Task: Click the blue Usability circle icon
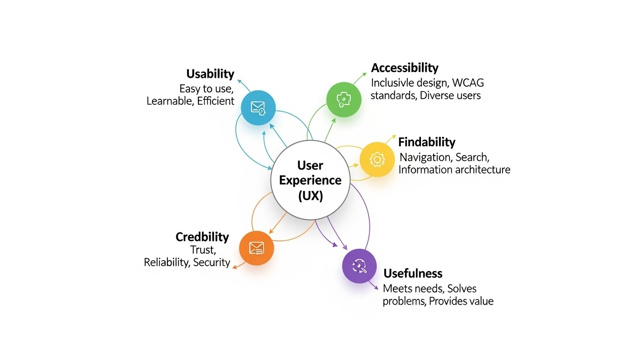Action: pyautogui.click(x=258, y=108)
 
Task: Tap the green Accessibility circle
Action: pyautogui.click(x=344, y=99)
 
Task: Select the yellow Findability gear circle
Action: pyautogui.click(x=377, y=159)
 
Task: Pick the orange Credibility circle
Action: pyautogui.click(x=256, y=248)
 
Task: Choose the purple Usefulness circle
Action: pyautogui.click(x=359, y=266)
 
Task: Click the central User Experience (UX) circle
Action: pyautogui.click(x=310, y=180)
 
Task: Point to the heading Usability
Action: pyautogui.click(x=210, y=74)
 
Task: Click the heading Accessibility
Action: pyautogui.click(x=404, y=68)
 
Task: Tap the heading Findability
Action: pyautogui.click(x=426, y=142)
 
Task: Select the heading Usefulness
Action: pyautogui.click(x=413, y=273)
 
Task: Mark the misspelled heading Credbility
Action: pyautogui.click(x=202, y=237)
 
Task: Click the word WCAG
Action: pyautogui.click(x=468, y=83)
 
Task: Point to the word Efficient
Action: pyautogui.click(x=216, y=101)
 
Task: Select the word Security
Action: pyautogui.click(x=211, y=262)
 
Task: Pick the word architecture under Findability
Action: pyautogui.click(x=481, y=170)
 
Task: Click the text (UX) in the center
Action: pyautogui.click(x=310, y=195)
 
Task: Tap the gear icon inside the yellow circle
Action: pyautogui.click(x=377, y=159)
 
